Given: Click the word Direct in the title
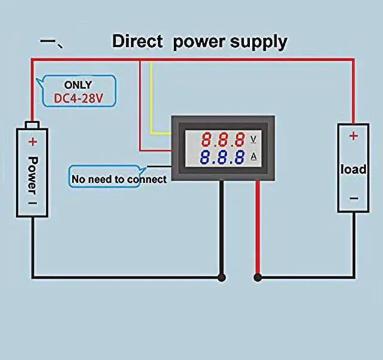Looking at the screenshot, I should click(x=137, y=42).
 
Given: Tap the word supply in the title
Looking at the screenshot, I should click(x=258, y=42).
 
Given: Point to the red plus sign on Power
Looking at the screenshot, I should click(x=32, y=142).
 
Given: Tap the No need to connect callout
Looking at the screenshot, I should click(x=118, y=178).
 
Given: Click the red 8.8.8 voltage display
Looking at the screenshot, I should click(x=223, y=141).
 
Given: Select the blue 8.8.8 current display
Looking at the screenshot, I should click(x=223, y=158).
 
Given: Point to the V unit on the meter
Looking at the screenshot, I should click(x=254, y=140).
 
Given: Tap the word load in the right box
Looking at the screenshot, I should click(x=353, y=169).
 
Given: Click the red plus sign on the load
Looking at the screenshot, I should click(x=353, y=136).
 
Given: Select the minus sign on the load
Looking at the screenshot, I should click(x=353, y=198).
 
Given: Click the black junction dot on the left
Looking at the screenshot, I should click(x=222, y=277).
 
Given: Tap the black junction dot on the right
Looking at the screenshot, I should click(x=258, y=277).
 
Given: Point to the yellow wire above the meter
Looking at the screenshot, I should click(x=152, y=96).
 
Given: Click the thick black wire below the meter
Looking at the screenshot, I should click(x=222, y=227).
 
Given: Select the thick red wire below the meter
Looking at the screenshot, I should click(x=258, y=227).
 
